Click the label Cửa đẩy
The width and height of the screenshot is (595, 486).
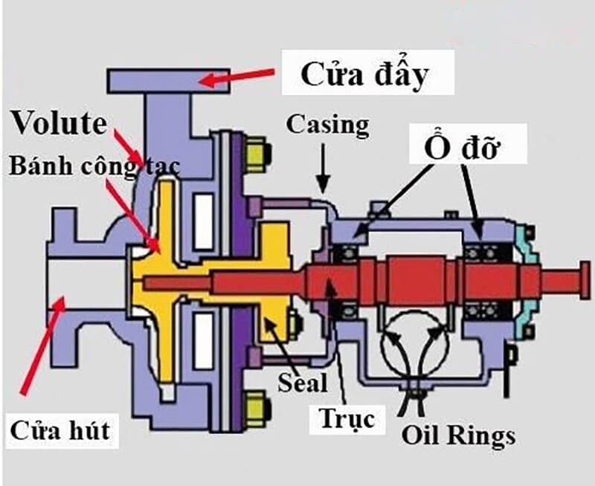[366, 74]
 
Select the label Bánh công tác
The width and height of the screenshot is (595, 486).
[93, 166]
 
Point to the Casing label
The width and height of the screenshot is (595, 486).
[327, 125]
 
